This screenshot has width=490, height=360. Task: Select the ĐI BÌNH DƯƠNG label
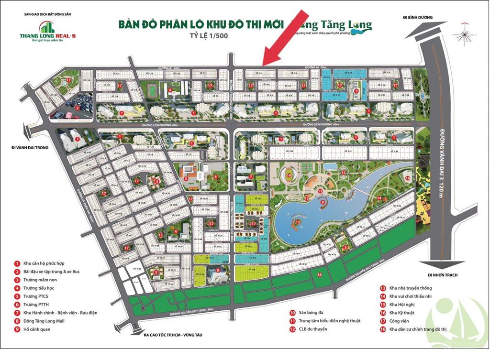click(x=417, y=17)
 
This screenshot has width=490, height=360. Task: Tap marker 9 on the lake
click(x=323, y=202)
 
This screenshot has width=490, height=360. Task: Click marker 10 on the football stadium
click(x=289, y=175)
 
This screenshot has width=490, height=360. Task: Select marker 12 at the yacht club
click(x=297, y=222)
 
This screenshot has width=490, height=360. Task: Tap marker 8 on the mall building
click(x=218, y=270)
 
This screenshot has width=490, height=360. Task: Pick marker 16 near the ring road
click(x=407, y=178)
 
